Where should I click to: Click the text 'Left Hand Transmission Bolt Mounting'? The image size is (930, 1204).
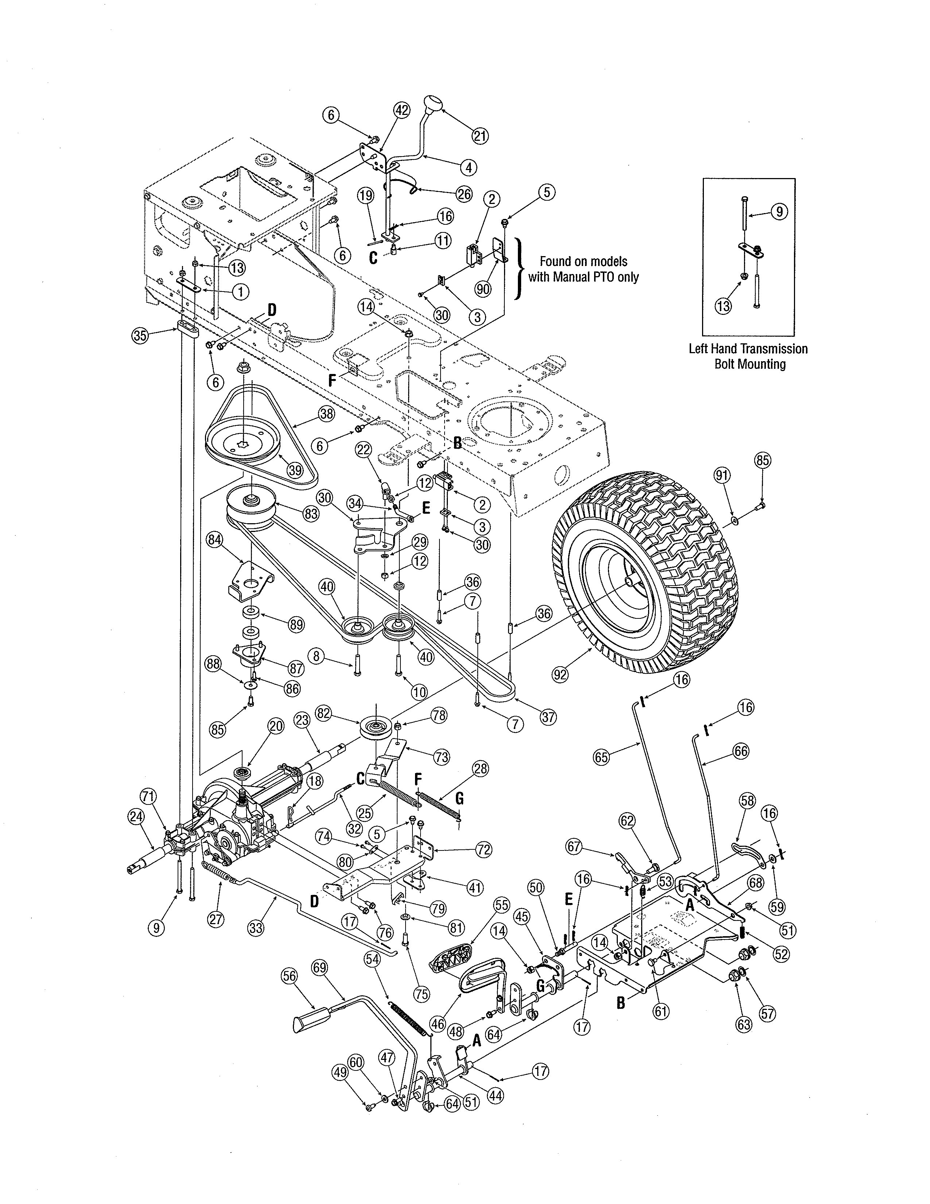(748, 356)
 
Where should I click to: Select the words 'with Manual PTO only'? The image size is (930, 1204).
(584, 277)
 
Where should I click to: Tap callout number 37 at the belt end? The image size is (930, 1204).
(548, 717)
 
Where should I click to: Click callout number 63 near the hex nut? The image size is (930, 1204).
(744, 1024)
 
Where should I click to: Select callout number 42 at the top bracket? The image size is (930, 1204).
(402, 110)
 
